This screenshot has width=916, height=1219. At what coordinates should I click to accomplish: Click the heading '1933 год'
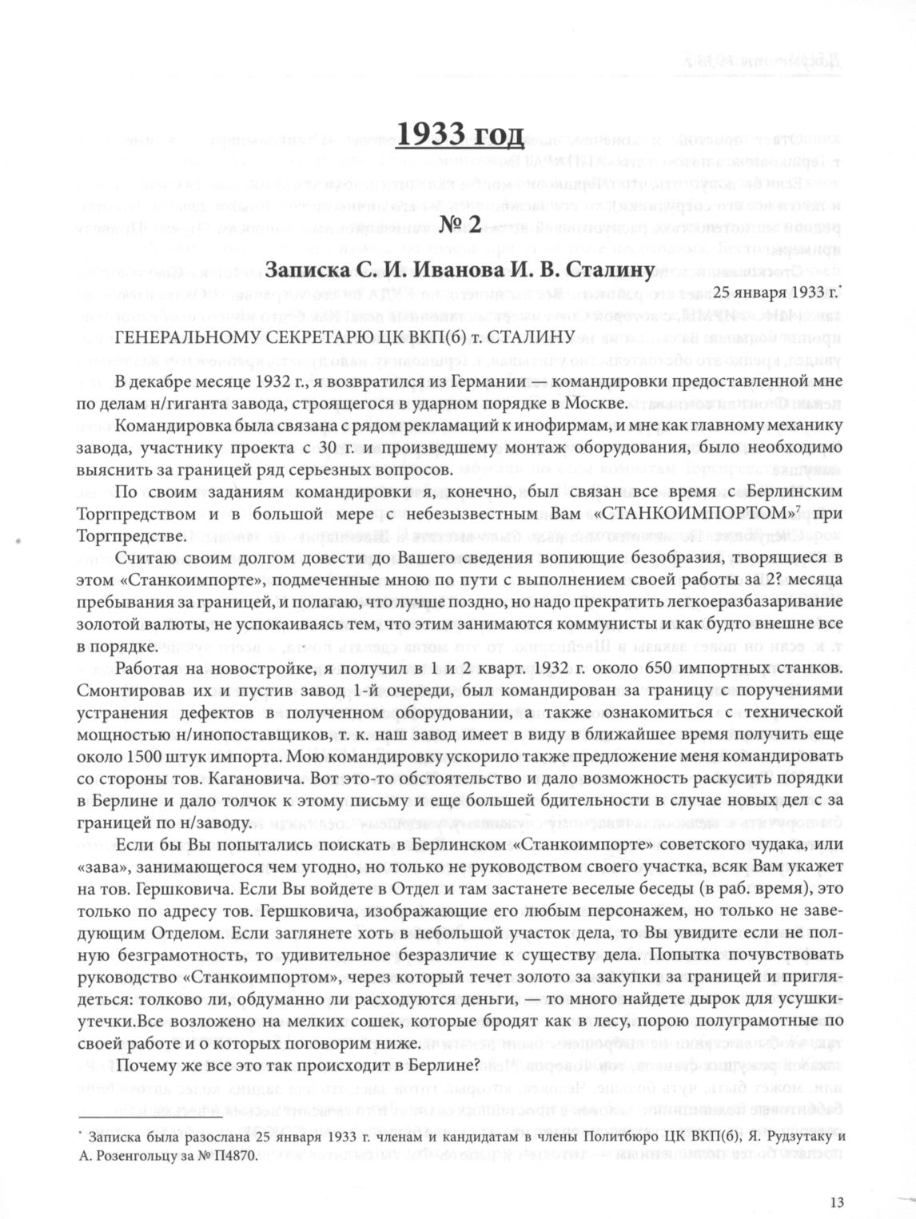[458, 137]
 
